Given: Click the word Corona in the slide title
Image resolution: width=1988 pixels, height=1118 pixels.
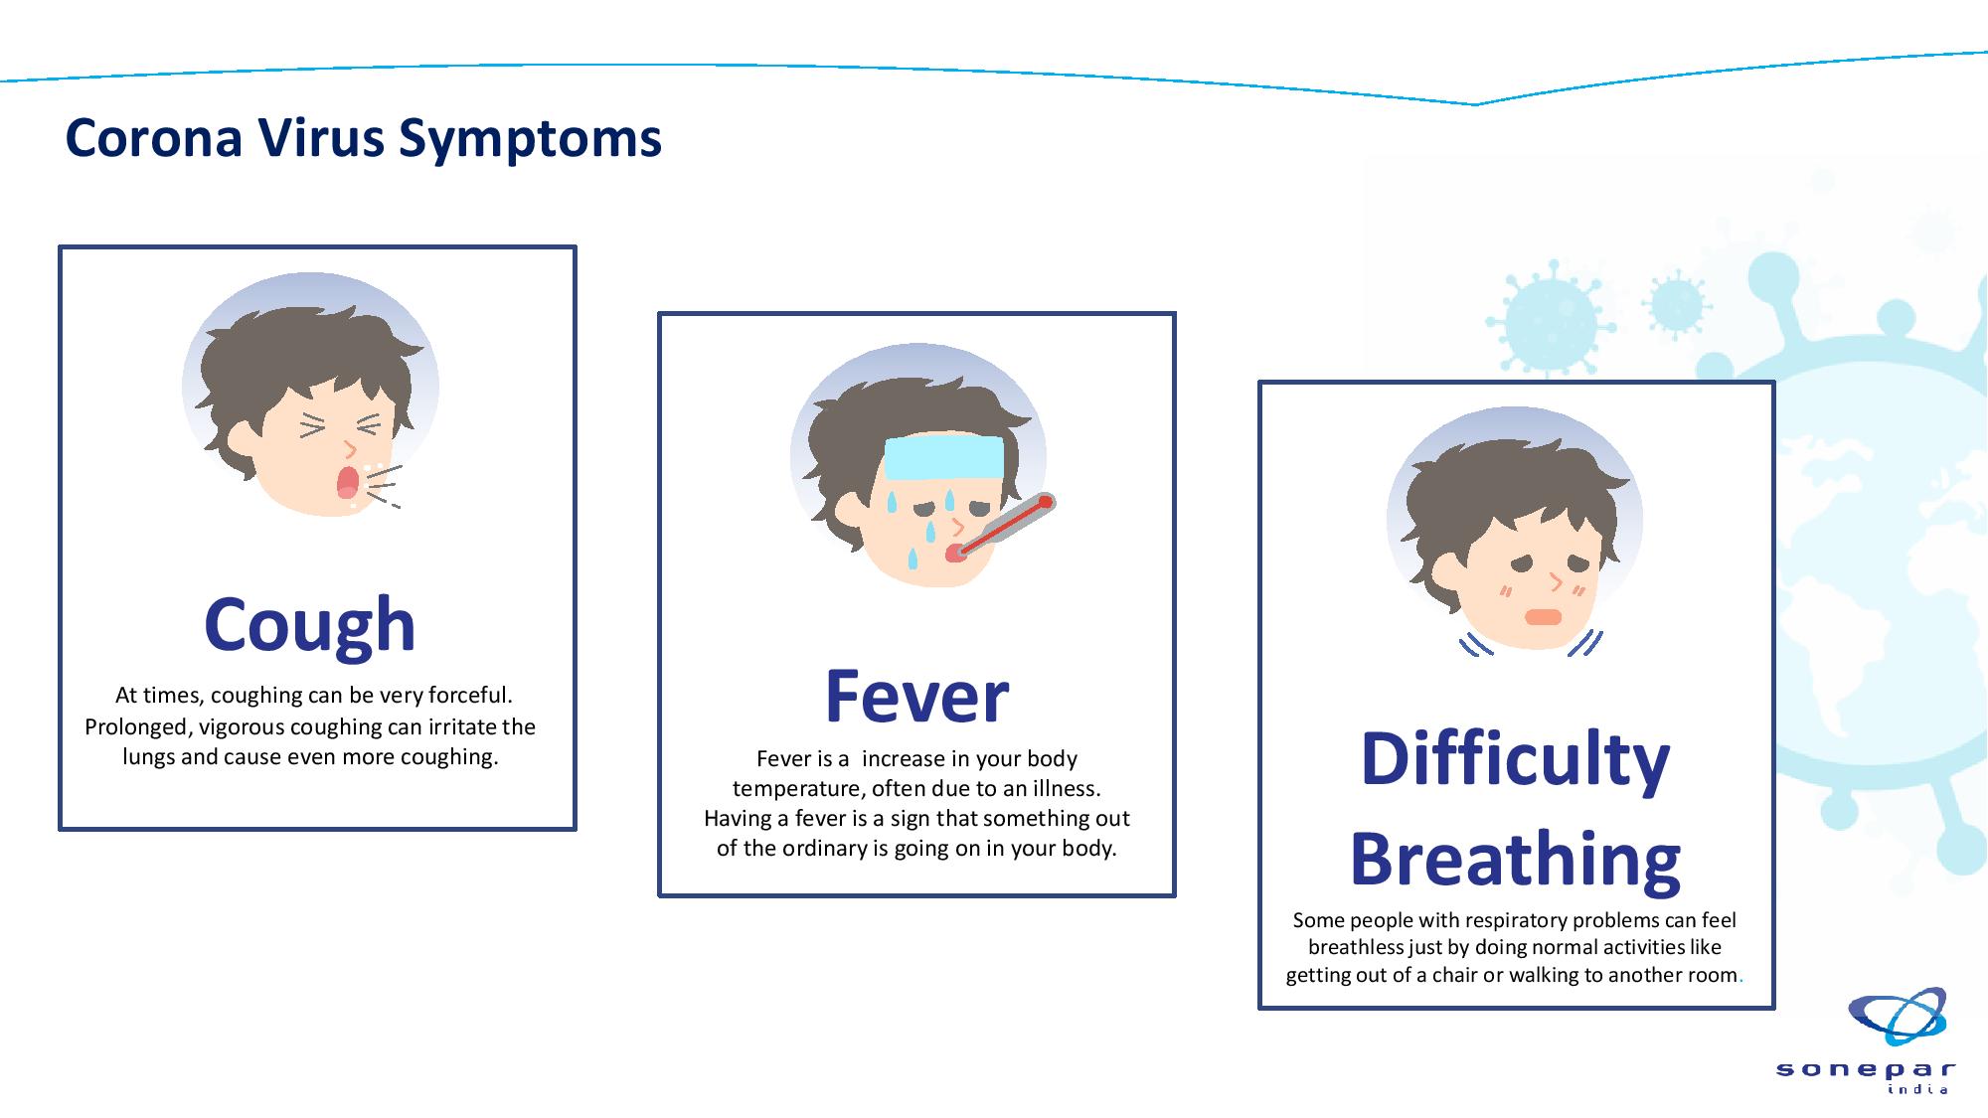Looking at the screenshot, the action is tap(154, 138).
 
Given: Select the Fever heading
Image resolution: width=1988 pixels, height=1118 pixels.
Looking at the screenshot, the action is tap(916, 697).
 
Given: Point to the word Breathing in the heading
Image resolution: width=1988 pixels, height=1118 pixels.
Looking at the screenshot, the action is tap(1515, 861).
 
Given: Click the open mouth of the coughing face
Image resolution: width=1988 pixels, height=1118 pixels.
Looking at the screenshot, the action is tap(347, 481).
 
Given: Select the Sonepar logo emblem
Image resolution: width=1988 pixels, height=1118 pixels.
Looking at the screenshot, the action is tap(1898, 1016).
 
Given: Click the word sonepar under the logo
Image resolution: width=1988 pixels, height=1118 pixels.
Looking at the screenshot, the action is tap(1866, 1070).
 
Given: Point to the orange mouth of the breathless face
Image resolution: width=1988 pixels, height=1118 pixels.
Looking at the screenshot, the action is tap(1543, 617).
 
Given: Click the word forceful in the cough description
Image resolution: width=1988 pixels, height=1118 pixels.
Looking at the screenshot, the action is tap(470, 696).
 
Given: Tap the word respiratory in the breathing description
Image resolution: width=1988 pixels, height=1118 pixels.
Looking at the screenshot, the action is tap(1554, 922).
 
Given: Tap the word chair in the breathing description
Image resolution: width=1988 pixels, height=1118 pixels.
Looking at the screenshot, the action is tap(1454, 975).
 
